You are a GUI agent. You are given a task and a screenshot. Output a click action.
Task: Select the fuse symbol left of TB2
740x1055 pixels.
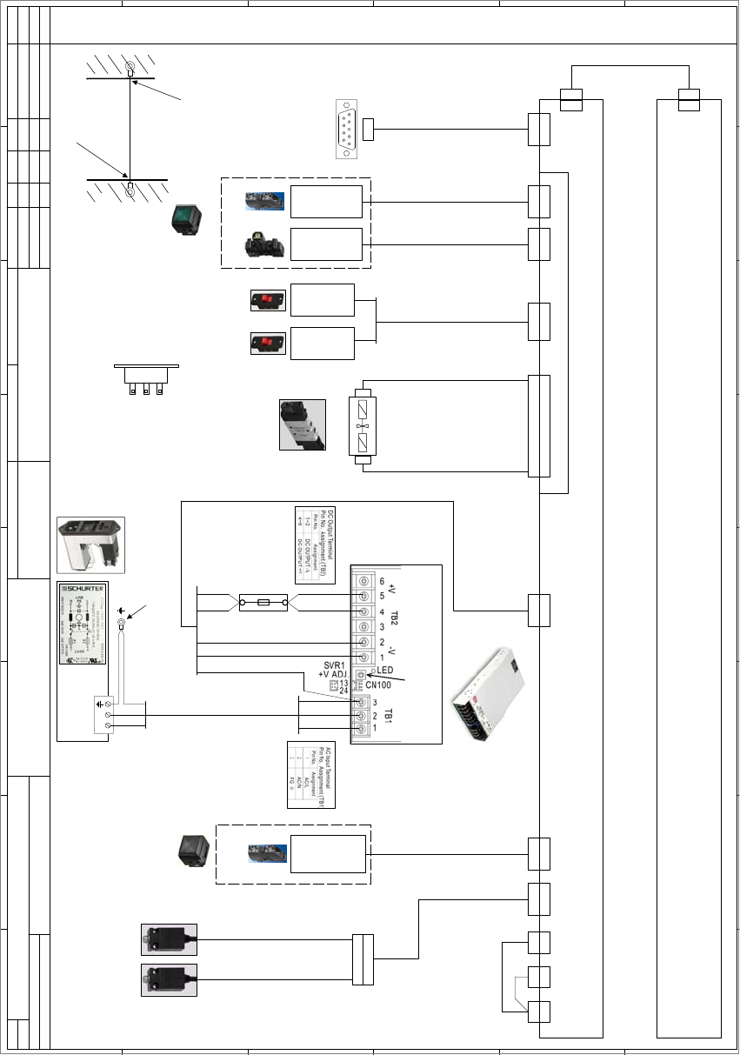click(263, 602)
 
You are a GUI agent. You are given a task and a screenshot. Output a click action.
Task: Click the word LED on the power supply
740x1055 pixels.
click(386, 671)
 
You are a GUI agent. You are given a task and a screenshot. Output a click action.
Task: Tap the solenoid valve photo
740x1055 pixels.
click(302, 424)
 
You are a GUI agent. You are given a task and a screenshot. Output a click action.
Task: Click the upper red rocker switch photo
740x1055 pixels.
click(263, 300)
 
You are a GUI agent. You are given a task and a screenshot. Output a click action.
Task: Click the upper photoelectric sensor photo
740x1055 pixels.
click(170, 939)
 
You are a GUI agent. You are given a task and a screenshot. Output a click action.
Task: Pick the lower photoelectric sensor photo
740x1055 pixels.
click(170, 980)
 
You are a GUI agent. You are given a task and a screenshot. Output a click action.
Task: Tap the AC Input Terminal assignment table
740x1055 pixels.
click(310, 774)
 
